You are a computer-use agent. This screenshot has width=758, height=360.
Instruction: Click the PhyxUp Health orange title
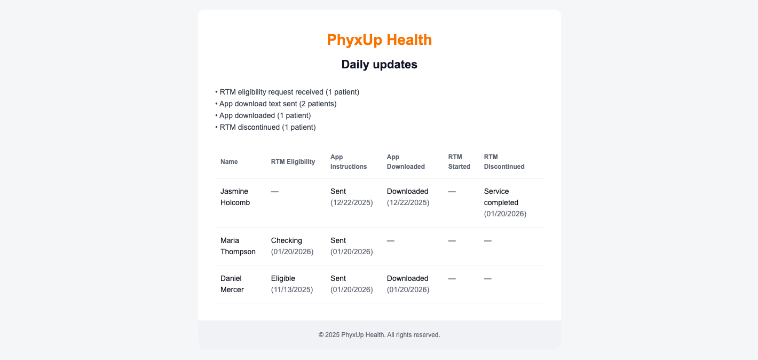click(x=379, y=40)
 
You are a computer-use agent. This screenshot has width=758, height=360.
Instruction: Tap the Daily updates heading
click(x=379, y=65)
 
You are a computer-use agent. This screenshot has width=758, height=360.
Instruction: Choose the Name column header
click(x=229, y=162)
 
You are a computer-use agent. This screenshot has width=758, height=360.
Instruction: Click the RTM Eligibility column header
click(x=293, y=162)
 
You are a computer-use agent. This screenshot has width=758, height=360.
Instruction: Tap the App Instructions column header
click(x=349, y=162)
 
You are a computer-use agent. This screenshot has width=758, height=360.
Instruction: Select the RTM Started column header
click(x=459, y=162)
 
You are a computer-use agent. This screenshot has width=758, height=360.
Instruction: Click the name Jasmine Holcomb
click(x=235, y=197)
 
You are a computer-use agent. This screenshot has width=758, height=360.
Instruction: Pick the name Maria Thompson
click(x=238, y=246)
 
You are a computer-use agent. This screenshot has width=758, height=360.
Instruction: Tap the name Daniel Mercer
click(x=232, y=284)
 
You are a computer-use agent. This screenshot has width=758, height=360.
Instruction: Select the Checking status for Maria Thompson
click(x=287, y=240)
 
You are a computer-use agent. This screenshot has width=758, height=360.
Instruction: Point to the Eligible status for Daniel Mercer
click(x=283, y=278)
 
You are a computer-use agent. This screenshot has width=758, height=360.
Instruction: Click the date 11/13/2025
click(x=292, y=289)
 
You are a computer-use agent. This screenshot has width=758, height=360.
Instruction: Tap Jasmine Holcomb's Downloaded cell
click(x=407, y=191)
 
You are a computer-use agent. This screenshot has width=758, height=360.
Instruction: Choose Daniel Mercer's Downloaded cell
click(x=407, y=278)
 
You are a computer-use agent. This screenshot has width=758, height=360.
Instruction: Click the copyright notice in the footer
click(x=379, y=335)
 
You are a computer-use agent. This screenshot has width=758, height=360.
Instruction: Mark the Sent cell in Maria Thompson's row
click(x=338, y=240)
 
